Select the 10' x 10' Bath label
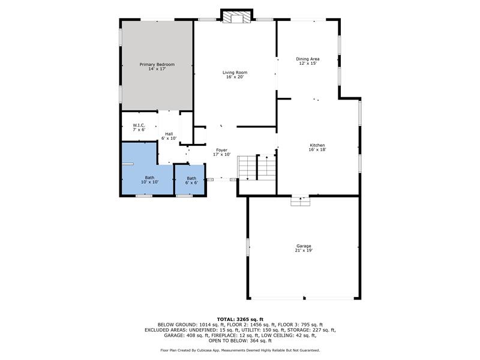(149, 179)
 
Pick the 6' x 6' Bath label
(191, 181)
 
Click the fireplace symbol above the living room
(236, 17)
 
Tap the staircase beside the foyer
(257, 167)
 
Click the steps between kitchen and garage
(301, 202)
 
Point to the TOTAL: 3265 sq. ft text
(240, 319)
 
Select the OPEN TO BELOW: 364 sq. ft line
(240, 340)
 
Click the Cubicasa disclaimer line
(240, 350)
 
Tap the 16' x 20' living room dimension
(235, 77)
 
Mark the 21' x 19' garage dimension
(304, 250)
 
